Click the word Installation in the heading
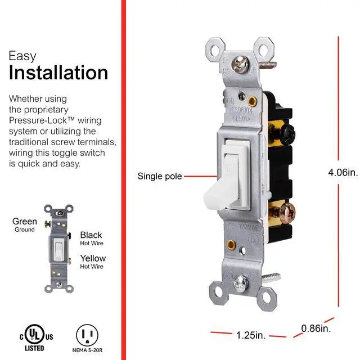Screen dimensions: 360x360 pos(58,73)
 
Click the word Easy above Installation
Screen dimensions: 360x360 pos(22,56)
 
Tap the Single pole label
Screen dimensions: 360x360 pos(160,176)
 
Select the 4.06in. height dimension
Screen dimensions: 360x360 pos(343,173)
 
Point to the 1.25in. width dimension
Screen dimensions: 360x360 pos(250,335)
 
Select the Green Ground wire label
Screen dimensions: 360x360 pos(25,224)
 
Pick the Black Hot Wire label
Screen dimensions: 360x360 pos(92,238)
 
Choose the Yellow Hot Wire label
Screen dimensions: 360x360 pos(93,262)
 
